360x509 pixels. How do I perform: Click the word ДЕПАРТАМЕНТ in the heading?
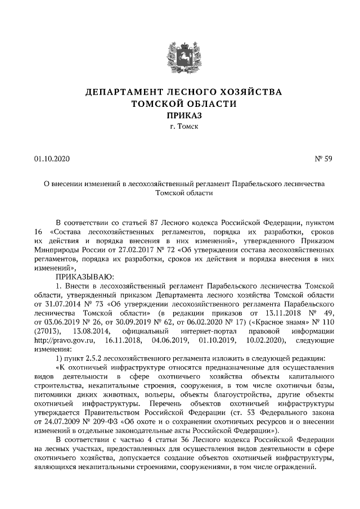click(124, 92)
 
